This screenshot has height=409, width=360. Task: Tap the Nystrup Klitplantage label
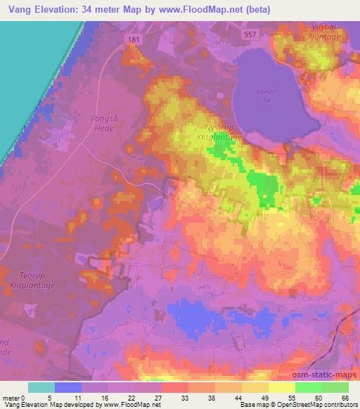pyautogui.click(x=221, y=133)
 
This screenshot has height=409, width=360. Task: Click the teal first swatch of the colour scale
pyautogui.click(x=41, y=387)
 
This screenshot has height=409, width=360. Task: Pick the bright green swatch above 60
pyautogui.click(x=308, y=387)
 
